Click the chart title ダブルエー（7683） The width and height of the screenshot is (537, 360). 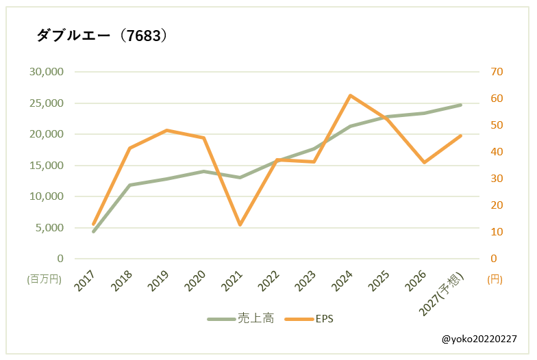tap(101, 36)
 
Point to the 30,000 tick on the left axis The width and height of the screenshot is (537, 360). tap(46, 72)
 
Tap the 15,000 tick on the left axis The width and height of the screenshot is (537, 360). tap(46, 166)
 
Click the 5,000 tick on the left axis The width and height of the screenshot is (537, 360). tap(49, 228)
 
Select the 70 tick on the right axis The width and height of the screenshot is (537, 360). tap(497, 72)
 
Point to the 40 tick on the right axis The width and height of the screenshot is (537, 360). tap(497, 152)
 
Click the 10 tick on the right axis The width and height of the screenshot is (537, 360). tap(497, 232)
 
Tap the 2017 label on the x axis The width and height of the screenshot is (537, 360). tap(86, 281)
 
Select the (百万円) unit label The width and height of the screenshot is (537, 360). tap(45, 279)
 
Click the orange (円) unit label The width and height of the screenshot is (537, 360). tap(495, 279)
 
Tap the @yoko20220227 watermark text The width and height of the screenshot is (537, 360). tap(479, 339)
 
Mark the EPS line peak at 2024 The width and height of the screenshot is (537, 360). tap(350, 96)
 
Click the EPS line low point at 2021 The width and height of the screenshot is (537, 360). tap(240, 224)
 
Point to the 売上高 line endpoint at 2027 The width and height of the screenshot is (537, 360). tap(460, 105)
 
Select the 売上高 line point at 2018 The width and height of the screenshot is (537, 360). tap(130, 185)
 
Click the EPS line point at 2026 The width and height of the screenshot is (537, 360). tap(424, 162)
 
